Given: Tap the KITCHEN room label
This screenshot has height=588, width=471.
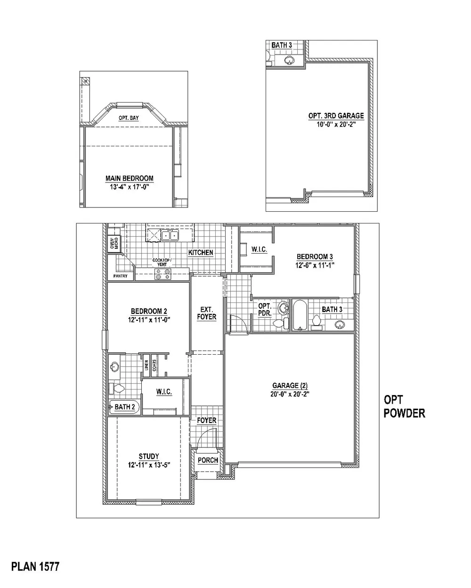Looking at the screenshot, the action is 201,253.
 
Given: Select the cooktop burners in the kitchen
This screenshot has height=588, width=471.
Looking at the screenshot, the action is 163,274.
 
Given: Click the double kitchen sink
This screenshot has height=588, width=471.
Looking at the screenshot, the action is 170,235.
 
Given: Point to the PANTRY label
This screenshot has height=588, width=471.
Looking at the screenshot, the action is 121,276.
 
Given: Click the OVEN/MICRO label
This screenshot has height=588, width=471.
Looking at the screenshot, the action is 114,243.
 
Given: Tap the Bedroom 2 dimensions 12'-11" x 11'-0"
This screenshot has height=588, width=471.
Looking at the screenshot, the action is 149,319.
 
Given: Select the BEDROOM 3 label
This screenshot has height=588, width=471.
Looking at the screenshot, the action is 315,256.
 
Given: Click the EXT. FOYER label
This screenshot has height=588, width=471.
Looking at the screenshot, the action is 207,313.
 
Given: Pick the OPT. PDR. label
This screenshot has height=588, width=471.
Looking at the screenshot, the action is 265,310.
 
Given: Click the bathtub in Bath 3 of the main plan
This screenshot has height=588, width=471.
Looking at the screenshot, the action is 300,315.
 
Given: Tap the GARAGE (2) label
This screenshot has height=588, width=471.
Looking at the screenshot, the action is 290,386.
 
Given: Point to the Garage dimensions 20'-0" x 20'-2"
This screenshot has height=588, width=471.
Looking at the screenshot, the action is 290,394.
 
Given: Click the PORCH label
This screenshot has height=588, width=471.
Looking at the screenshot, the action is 208,460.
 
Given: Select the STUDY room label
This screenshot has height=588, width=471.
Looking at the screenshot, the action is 149,456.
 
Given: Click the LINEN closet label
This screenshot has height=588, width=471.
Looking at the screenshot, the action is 146,366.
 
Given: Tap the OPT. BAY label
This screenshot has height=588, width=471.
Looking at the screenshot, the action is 129,118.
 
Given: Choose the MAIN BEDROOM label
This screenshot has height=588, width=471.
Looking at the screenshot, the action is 130,178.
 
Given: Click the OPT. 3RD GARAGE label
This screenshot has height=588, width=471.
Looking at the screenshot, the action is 336,116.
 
